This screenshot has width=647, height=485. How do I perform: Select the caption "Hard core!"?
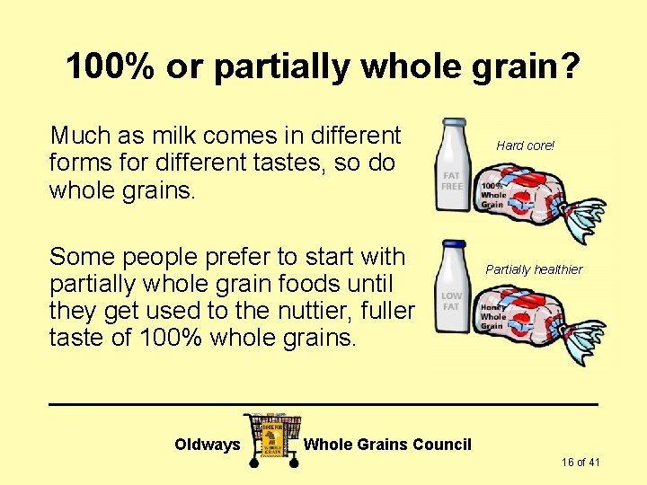[x=526, y=145]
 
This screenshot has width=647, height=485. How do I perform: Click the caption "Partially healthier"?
[x=534, y=269]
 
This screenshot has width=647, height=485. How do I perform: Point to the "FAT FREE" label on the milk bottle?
[x=451, y=181]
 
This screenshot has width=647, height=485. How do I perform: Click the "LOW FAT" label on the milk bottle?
[x=451, y=301]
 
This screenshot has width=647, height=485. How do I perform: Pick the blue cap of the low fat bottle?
[x=454, y=244]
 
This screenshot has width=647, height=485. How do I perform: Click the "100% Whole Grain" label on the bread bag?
[x=493, y=195]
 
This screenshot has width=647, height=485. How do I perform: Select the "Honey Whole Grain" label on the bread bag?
[x=493, y=315]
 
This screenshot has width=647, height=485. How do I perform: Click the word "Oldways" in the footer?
[x=208, y=445]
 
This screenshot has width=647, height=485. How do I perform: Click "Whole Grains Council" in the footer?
[x=387, y=445]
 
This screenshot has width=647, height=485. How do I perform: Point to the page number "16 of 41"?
[x=581, y=463]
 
